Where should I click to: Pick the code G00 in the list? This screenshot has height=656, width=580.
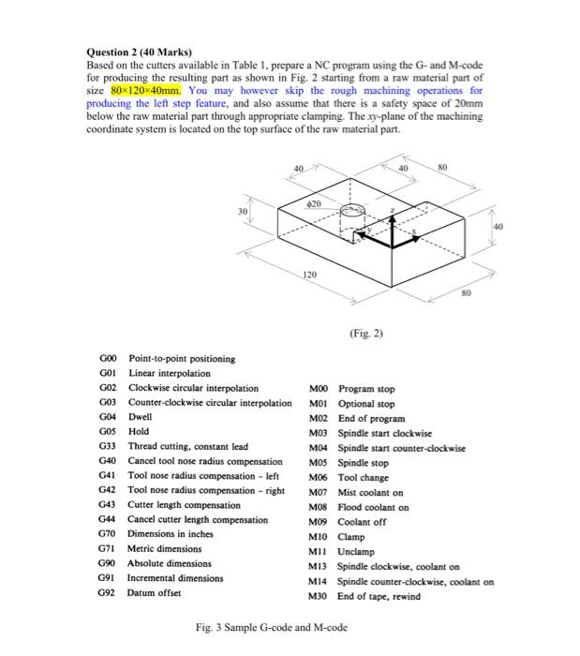[x=108, y=358]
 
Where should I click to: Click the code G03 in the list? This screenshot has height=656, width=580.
[x=108, y=402]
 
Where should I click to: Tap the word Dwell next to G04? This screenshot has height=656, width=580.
[x=140, y=417]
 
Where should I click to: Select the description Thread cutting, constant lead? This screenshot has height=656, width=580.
[x=187, y=446]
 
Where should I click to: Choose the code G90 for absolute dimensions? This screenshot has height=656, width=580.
[x=108, y=563]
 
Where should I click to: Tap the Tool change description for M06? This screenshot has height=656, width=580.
[x=363, y=477]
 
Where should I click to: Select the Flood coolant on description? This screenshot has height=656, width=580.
[x=373, y=507]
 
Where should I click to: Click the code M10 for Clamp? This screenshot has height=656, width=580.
[x=320, y=537]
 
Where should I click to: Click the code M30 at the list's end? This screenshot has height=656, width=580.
[x=320, y=596]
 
